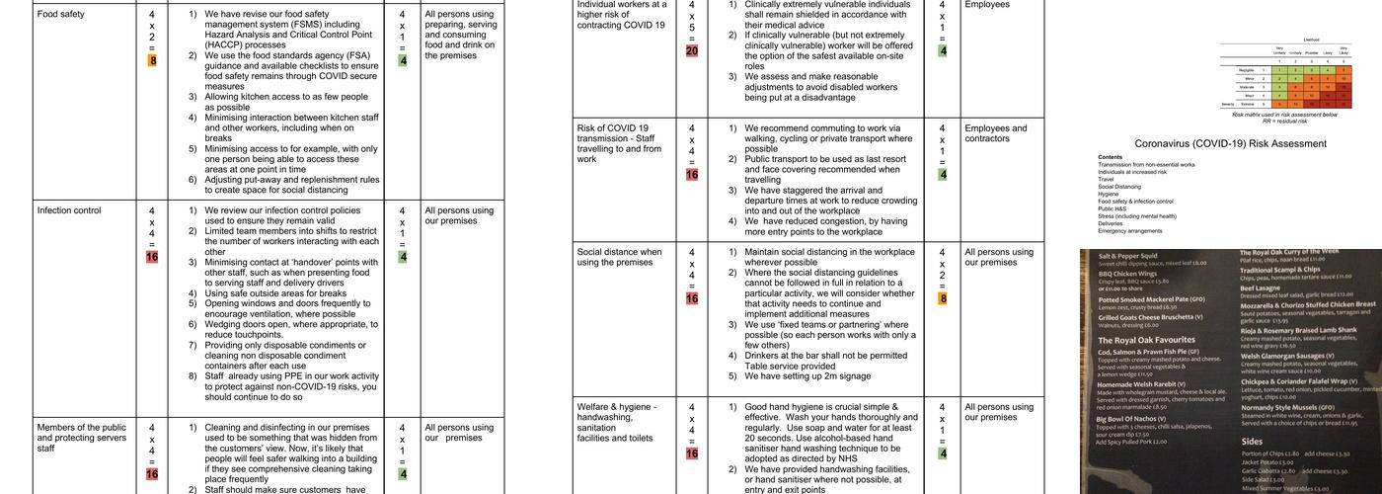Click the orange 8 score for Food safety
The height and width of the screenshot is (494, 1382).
[152, 61]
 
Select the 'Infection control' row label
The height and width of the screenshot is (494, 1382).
[69, 210]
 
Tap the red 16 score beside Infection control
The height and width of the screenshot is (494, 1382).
[152, 257]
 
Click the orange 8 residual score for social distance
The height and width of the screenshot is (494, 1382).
[943, 297]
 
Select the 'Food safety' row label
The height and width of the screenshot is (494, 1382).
[60, 15]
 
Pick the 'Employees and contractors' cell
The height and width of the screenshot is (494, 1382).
[996, 134]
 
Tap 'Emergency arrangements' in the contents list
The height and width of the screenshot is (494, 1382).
[1130, 231]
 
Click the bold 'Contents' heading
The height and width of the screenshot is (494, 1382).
[1110, 157]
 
